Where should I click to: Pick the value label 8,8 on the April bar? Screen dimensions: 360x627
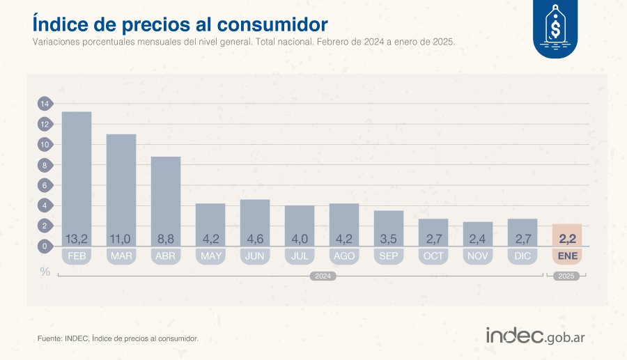tap(166, 239)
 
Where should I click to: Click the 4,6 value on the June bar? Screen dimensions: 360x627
tap(255, 239)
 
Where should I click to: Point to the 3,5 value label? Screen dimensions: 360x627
tap(389, 239)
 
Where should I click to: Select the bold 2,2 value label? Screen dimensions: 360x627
tap(567, 239)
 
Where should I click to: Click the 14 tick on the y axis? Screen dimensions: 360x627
tap(45, 104)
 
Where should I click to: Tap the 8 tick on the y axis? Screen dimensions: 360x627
tap(45, 166)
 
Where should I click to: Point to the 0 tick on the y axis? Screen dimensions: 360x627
tap(45, 246)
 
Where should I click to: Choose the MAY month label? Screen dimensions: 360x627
tap(210, 256)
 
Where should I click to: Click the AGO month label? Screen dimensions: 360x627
tap(344, 256)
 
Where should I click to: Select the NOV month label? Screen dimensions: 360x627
tap(478, 256)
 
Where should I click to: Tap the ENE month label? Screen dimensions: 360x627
tap(567, 256)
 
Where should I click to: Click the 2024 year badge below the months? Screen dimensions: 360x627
tap(323, 276)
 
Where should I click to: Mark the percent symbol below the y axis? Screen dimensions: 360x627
tap(45, 272)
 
